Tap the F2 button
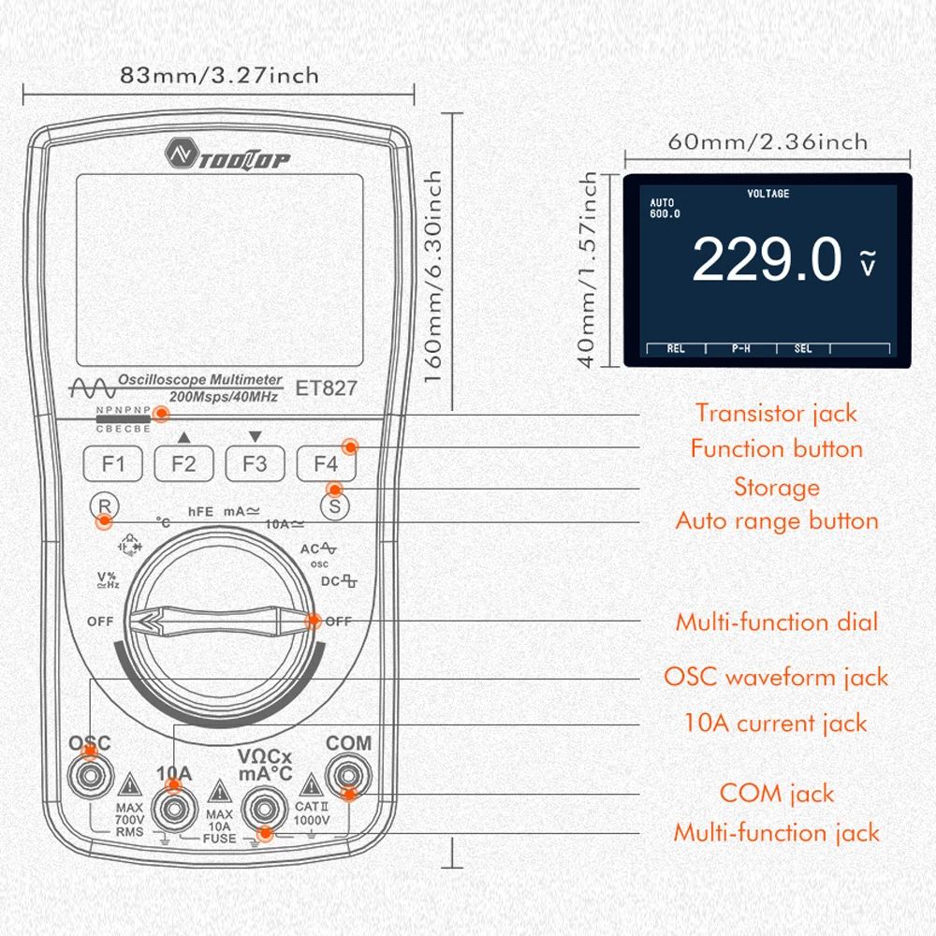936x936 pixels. click(184, 463)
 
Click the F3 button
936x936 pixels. click(255, 463)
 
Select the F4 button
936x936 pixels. click(325, 463)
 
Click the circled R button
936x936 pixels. click(105, 506)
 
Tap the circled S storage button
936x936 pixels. click(333, 506)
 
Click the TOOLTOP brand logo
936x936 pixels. click(229, 154)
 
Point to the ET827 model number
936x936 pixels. click(326, 388)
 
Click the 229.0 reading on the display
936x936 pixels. click(768, 259)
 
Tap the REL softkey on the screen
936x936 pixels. click(676, 348)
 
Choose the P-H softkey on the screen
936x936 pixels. click(740, 348)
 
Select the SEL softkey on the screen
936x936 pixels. click(803, 348)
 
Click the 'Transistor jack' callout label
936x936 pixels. click(776, 412)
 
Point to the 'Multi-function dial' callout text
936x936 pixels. click(777, 622)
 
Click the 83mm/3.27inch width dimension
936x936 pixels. click(219, 75)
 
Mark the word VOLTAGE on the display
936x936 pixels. click(768, 194)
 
